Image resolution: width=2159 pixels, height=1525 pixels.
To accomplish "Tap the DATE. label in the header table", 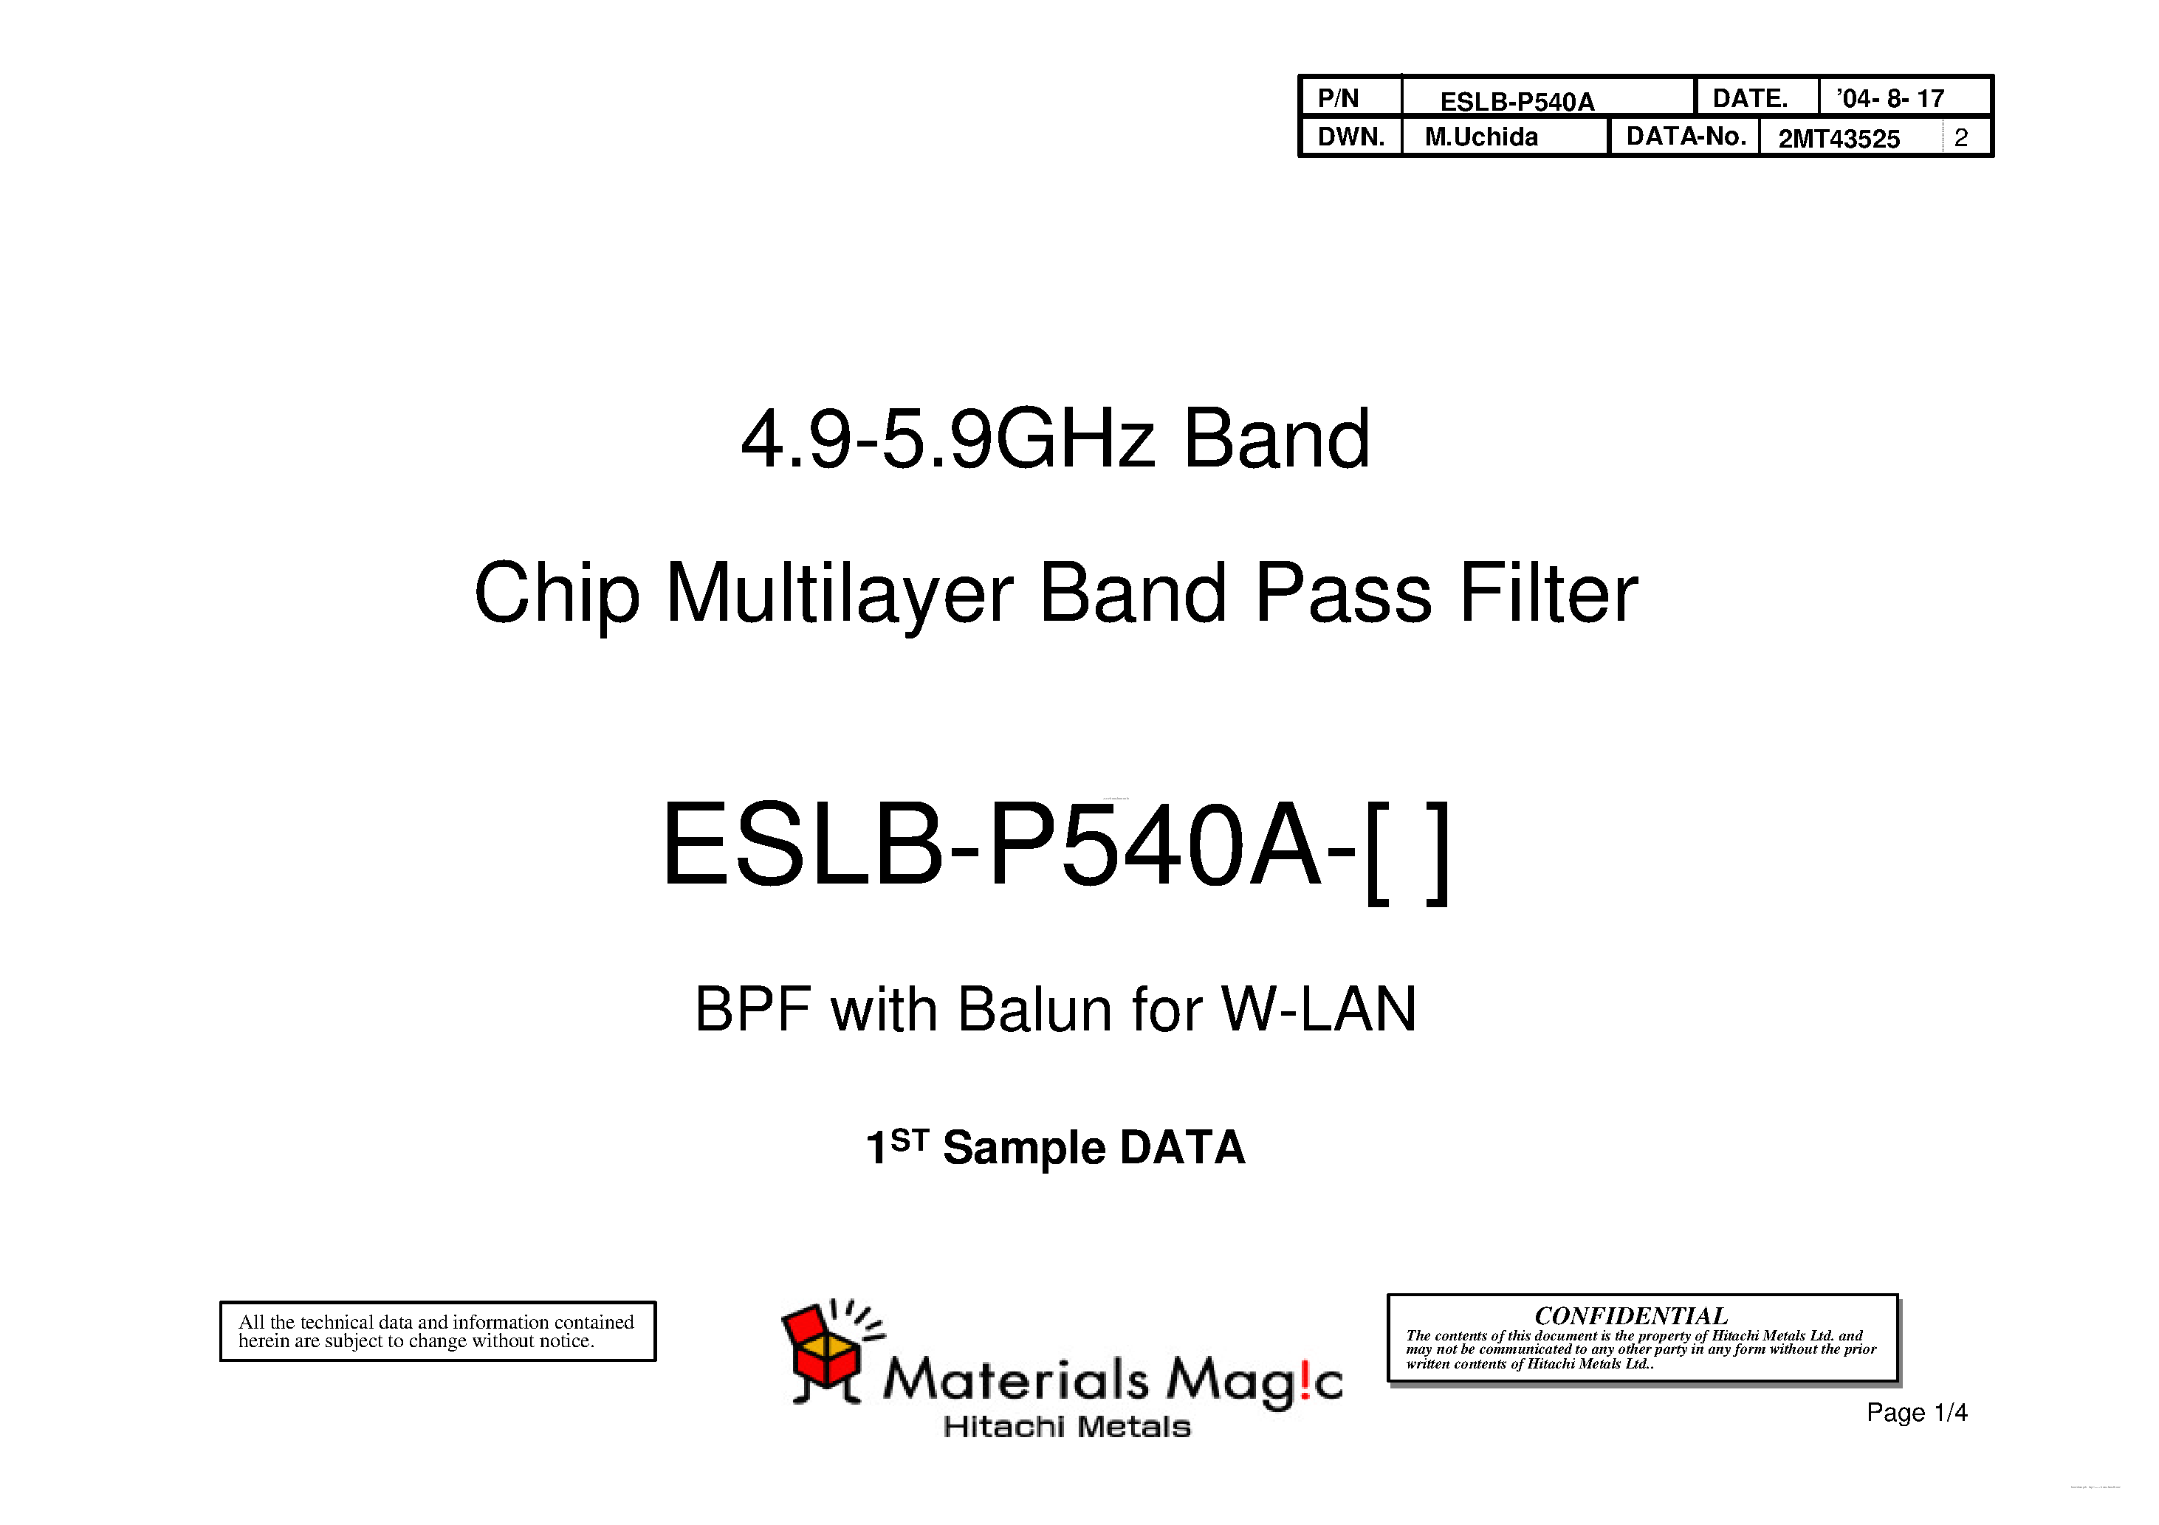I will pos(1749,97).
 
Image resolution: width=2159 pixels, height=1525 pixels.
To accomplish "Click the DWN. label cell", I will pos(1350,137).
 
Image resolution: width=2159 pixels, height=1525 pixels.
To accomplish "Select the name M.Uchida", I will pos(1481,137).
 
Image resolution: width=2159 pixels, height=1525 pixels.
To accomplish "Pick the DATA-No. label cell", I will pos(1685,137).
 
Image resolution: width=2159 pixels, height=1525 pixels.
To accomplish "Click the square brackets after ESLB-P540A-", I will pos(1407,852).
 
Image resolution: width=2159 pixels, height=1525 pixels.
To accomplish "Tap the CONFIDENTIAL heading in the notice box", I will pos(1630,1315).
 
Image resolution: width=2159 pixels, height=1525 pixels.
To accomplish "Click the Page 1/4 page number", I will pos(1916,1412).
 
